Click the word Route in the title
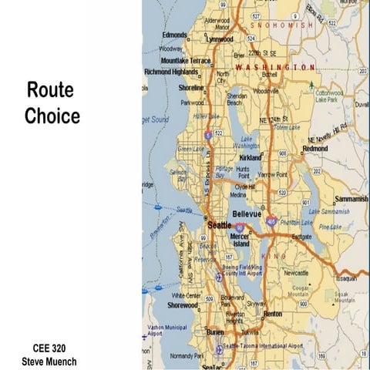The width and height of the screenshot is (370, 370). (x=50, y=89)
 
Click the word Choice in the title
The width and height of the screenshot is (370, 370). (x=52, y=116)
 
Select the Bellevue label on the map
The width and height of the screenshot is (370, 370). (x=248, y=212)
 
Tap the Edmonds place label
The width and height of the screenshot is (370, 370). (x=174, y=35)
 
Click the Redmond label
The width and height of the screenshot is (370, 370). (x=315, y=149)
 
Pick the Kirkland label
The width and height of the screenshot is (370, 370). (x=251, y=156)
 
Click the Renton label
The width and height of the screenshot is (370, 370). (x=273, y=314)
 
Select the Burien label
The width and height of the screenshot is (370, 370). (x=215, y=332)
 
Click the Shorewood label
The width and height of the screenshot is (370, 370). (x=183, y=304)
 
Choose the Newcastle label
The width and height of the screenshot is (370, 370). (x=296, y=273)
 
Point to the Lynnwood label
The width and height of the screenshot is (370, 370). (x=220, y=39)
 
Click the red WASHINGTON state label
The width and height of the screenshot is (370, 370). (x=275, y=68)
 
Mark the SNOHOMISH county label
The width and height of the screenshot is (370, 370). (x=286, y=25)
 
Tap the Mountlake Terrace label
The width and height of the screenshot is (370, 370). (x=185, y=60)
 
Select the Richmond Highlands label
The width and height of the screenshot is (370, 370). (x=170, y=72)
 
